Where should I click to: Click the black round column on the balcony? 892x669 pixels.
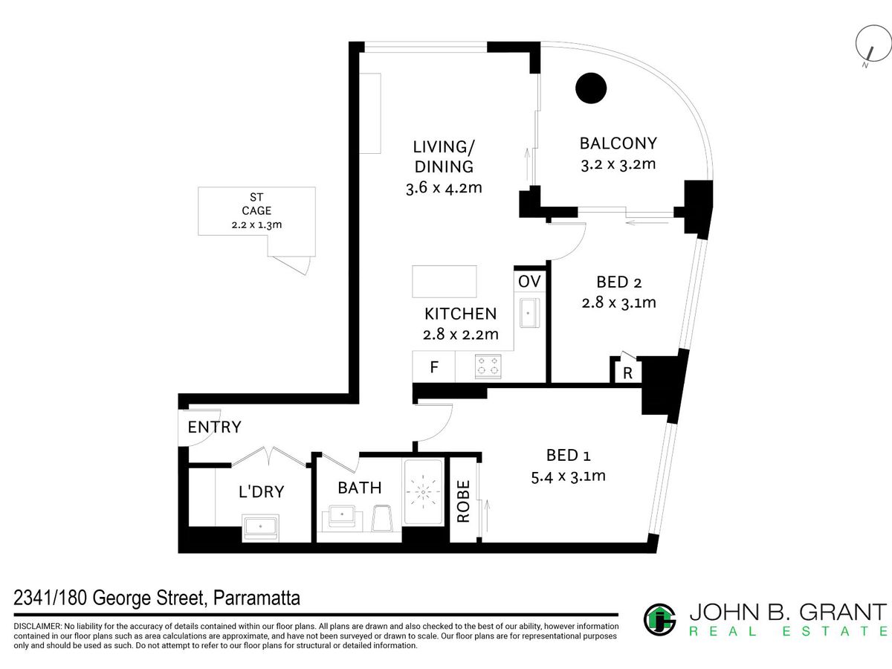(x=591, y=88)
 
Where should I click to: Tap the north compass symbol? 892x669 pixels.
(x=873, y=44)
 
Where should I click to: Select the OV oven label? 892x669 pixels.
(x=529, y=282)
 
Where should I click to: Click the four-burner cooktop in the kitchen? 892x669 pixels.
(x=488, y=366)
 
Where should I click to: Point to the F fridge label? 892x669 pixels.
(x=434, y=367)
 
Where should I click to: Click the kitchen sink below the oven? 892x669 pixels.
(x=529, y=313)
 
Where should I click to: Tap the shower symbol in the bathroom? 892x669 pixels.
(x=423, y=492)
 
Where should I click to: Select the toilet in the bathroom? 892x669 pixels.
(x=381, y=518)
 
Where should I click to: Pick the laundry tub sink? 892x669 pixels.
(x=260, y=527)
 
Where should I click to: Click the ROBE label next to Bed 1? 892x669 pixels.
(x=463, y=501)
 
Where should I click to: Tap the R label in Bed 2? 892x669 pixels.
(x=627, y=373)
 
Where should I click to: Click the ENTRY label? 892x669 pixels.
(x=215, y=427)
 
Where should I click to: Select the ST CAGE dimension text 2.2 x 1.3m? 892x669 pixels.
(x=256, y=224)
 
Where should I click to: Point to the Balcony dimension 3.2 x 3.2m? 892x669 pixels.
(x=618, y=164)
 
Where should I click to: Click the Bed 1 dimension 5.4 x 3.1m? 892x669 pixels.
(x=568, y=476)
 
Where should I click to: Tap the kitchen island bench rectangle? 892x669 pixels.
(x=445, y=282)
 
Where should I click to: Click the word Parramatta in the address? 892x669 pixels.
(x=256, y=598)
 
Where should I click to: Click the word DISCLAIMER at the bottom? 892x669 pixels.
(x=37, y=627)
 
